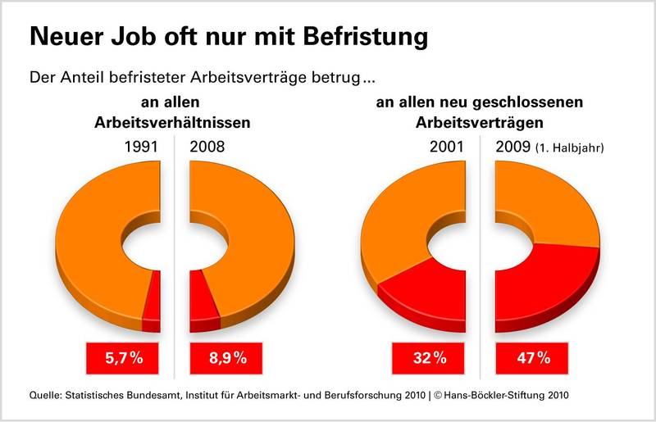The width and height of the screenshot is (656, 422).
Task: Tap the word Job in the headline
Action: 132,38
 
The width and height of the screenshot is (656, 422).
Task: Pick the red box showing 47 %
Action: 533,358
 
